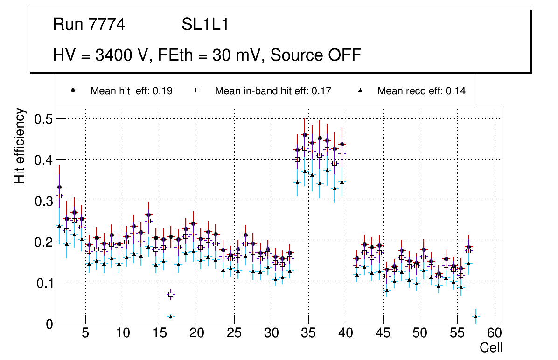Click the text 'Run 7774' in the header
click(x=89, y=25)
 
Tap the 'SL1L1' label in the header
click(x=205, y=25)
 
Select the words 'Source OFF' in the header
click(x=316, y=55)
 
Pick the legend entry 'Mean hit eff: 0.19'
click(x=131, y=91)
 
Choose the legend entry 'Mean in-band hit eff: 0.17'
click(x=273, y=91)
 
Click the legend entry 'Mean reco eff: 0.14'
click(x=421, y=91)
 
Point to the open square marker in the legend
click(x=198, y=91)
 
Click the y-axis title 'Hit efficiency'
click(x=20, y=145)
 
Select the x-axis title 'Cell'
click(x=491, y=347)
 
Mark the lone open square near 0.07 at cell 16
click(x=171, y=294)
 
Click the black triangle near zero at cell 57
click(x=476, y=317)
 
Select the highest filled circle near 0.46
click(x=305, y=135)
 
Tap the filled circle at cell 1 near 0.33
click(x=59, y=187)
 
